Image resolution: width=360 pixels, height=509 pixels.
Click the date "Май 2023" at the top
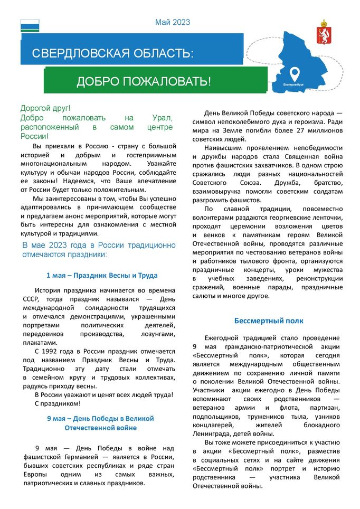pyautogui.click(x=173, y=22)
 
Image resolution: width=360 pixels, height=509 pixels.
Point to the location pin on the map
pyautogui.click(x=295, y=72)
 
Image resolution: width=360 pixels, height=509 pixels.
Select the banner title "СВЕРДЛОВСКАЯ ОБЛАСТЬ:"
pyautogui.click(x=112, y=53)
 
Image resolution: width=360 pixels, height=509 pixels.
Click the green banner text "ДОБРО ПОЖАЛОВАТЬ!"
pyautogui.click(x=144, y=81)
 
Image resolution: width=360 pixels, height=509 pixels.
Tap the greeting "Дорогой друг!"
pyautogui.click(x=45, y=108)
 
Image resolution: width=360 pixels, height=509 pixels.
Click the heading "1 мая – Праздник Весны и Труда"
pyautogui.click(x=102, y=275)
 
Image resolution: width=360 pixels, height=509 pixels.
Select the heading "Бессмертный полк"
pyautogui.click(x=269, y=321)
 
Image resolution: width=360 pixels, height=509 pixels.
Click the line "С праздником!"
pyautogui.click(x=58, y=403)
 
